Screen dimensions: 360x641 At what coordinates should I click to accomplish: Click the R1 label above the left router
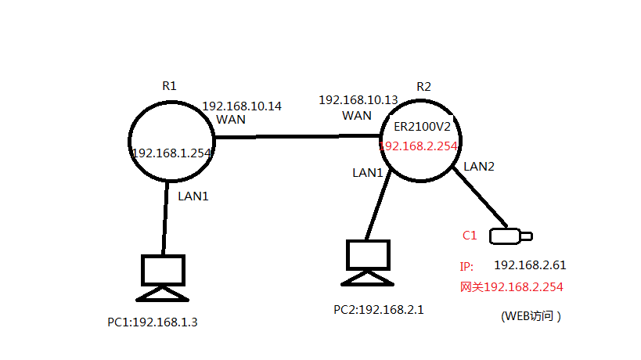tap(169, 86)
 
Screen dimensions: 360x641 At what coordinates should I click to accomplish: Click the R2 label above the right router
tap(423, 86)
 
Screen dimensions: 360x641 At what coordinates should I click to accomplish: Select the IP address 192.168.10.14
tap(242, 106)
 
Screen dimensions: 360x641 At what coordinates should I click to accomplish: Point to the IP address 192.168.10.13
tap(358, 100)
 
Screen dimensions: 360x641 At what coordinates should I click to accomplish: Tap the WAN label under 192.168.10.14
tap(231, 120)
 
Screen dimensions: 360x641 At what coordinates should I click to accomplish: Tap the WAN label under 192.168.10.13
tap(357, 115)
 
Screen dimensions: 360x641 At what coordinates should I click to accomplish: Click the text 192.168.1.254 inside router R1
tap(173, 153)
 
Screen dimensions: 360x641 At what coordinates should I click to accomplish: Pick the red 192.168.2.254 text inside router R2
tap(418, 146)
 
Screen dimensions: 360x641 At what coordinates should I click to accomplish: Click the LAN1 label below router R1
tap(193, 197)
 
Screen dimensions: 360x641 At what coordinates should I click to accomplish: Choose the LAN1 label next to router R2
tap(367, 172)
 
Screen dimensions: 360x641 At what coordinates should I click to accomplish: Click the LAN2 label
tap(478, 166)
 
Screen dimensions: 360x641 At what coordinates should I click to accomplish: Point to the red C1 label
tap(470, 235)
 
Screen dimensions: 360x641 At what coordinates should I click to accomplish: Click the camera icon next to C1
tap(510, 235)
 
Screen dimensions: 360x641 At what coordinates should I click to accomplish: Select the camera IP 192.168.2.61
tap(529, 266)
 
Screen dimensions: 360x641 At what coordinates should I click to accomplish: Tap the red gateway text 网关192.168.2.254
tap(512, 287)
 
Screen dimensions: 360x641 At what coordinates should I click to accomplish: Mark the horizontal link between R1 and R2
tap(297, 137)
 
